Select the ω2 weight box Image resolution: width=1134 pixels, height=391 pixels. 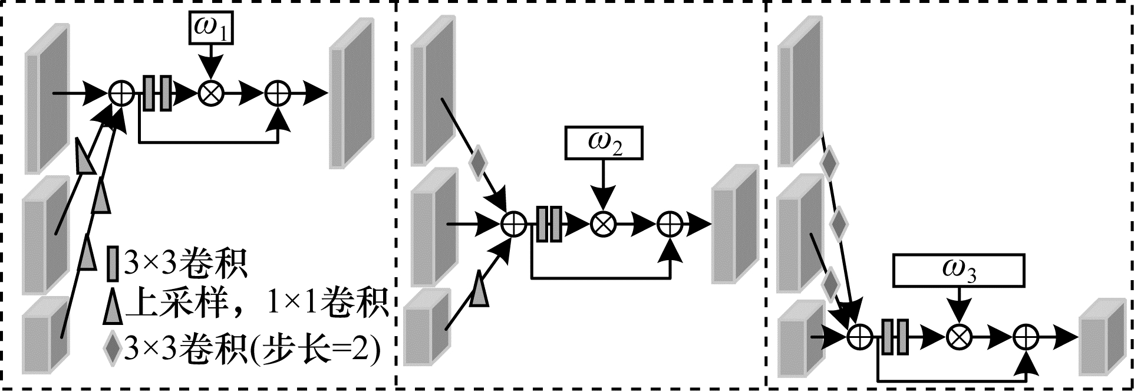[x=602, y=143]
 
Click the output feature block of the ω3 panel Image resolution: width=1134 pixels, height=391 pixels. [x=1101, y=337]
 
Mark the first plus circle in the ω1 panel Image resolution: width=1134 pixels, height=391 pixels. [x=121, y=93]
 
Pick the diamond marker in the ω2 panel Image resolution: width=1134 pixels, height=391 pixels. [x=478, y=164]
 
